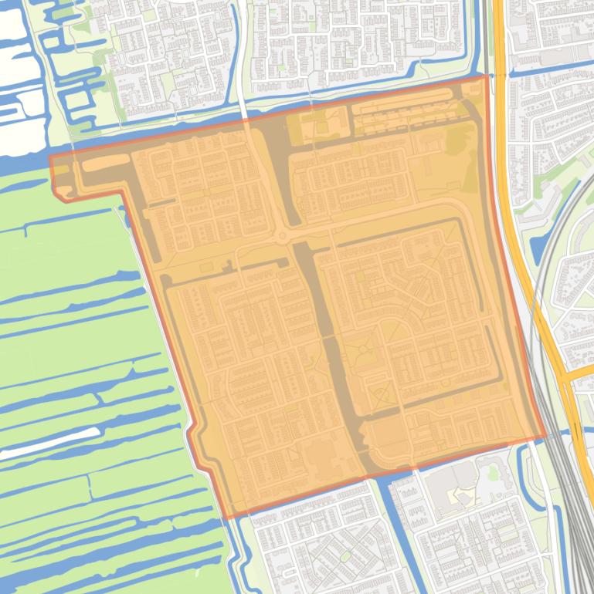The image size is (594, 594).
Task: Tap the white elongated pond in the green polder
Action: point(31,449)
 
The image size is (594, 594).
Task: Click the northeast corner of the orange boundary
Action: point(487,76)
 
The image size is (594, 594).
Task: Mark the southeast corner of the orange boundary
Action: point(545,437)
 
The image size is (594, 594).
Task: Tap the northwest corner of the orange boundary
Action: point(51,157)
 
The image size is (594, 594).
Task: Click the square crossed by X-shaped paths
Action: point(380,398)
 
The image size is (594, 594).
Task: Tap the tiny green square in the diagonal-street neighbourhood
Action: point(344,555)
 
